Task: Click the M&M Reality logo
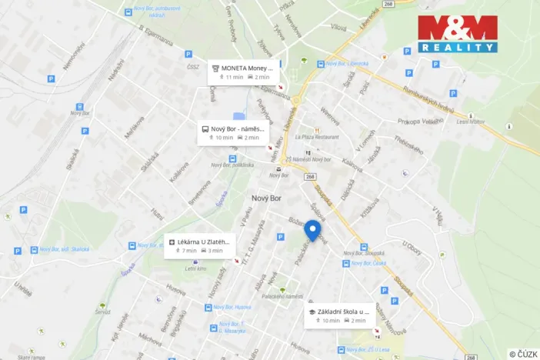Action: click(x=458, y=34)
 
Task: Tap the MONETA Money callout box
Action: click(x=245, y=72)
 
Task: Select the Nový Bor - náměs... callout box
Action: click(x=236, y=133)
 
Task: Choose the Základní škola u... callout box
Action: click(x=339, y=315)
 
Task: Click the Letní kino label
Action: click(x=195, y=268)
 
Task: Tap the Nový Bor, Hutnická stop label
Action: click(x=232, y=307)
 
